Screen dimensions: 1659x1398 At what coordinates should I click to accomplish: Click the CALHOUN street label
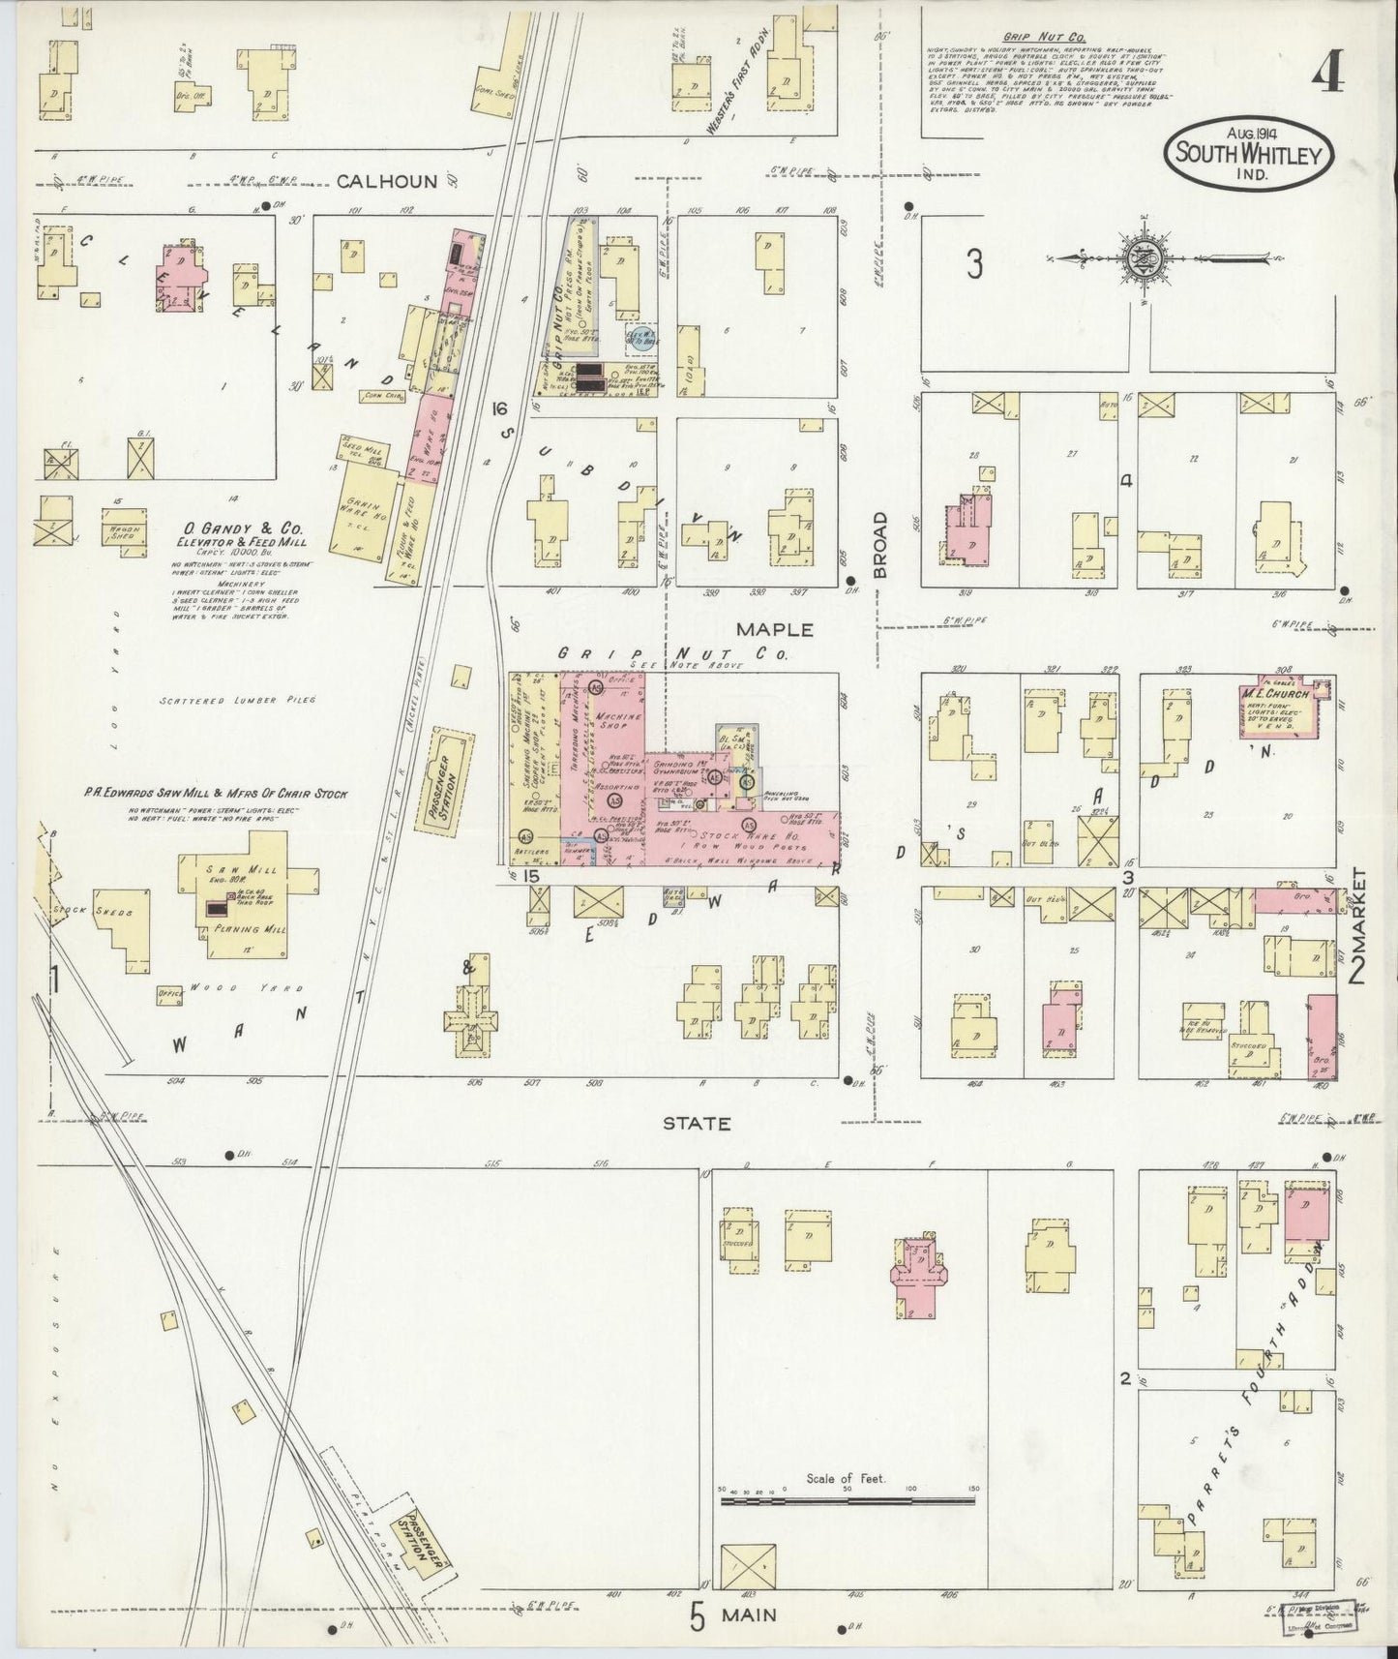click(394, 179)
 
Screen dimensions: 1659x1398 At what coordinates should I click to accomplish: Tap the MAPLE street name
click(774, 630)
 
